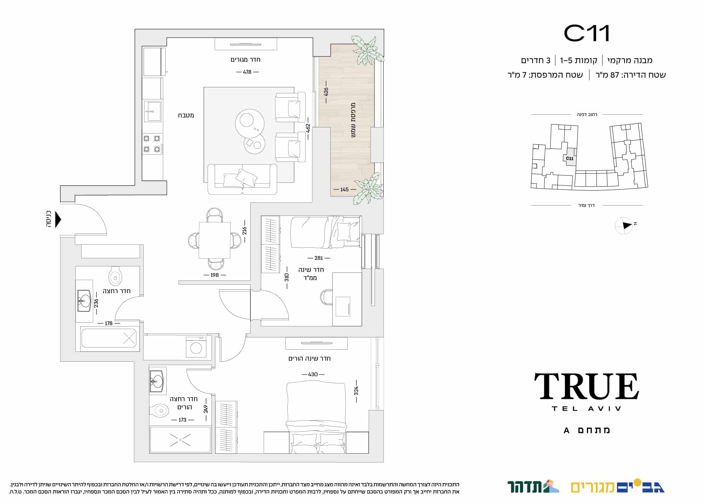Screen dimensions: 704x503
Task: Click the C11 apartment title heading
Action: coord(587,33)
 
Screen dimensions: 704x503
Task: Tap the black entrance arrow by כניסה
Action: coord(58,220)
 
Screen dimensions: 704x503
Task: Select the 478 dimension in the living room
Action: coord(247,72)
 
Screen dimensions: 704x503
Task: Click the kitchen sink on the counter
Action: coord(153,111)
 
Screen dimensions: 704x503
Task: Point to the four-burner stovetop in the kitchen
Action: coord(152,144)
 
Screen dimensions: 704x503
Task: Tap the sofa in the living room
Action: coord(242,179)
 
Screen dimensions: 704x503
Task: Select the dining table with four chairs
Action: coord(215,240)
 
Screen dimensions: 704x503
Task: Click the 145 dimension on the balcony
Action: coord(345,190)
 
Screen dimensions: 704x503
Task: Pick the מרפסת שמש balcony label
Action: coord(353,120)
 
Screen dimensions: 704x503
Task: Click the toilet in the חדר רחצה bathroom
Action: coord(115,276)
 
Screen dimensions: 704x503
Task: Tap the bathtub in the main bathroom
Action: coord(109,338)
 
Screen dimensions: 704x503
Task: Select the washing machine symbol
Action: coord(196,347)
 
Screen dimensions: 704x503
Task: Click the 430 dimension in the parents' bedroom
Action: coord(313,374)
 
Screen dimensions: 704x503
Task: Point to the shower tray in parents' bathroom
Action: coord(180,440)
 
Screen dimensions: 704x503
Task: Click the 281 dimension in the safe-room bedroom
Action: coord(318,258)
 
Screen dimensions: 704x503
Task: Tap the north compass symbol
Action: coord(624,225)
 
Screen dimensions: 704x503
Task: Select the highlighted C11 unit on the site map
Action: coord(570,159)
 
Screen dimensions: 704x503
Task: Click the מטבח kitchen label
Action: coord(186,115)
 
